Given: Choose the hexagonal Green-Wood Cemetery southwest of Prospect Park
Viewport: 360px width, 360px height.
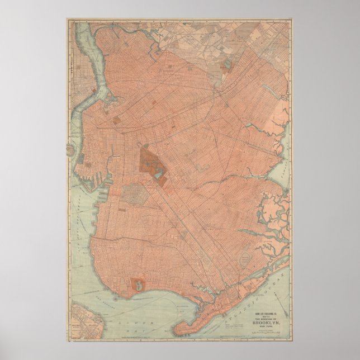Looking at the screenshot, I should (x=134, y=193).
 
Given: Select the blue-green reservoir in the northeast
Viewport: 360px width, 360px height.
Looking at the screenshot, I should (x=228, y=67).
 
